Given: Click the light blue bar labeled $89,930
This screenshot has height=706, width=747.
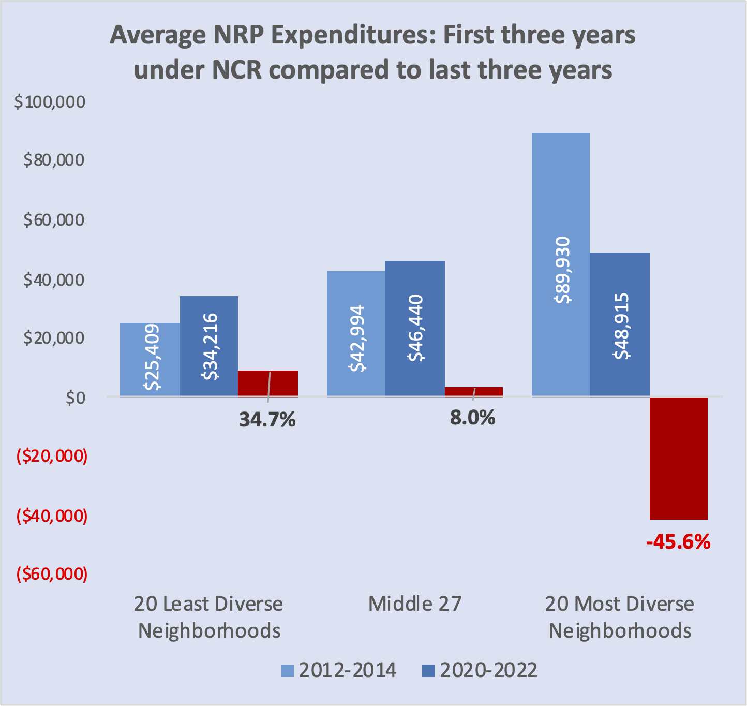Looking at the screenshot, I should point(561,264).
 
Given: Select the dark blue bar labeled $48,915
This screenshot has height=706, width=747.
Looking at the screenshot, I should point(620,325).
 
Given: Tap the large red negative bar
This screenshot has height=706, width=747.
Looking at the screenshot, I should point(679,458).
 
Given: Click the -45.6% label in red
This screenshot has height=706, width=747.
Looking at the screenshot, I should point(678,542).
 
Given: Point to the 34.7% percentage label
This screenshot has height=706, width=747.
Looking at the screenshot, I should point(267,419).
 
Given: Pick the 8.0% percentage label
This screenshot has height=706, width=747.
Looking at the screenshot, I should point(472,417).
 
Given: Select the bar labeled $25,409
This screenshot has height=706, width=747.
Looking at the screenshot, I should point(150,360).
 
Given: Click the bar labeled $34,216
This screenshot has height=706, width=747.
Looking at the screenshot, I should point(209,346).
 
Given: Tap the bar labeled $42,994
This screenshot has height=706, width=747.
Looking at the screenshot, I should point(356,334).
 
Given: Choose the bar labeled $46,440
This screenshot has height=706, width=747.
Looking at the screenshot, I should point(415,329).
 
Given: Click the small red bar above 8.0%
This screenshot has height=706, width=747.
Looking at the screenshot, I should point(474,392).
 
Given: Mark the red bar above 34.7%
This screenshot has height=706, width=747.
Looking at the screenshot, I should point(268,384).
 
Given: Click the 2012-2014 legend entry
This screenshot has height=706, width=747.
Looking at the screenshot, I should point(339,670).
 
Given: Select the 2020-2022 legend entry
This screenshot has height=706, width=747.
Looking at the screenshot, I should point(480,670).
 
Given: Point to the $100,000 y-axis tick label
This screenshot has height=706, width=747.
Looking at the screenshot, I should point(50,102).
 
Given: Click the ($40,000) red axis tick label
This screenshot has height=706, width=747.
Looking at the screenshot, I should point(52,516).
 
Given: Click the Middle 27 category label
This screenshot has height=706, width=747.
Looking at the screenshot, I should point(414,604).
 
